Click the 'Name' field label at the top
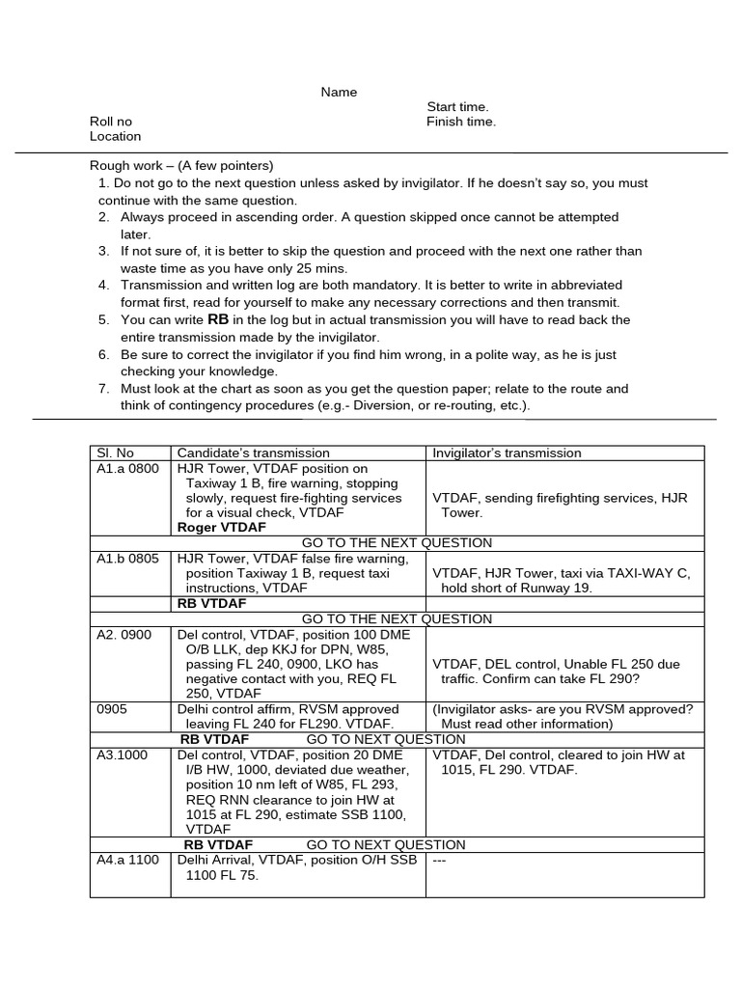pyautogui.click(x=339, y=93)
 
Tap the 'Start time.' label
pyautogui.click(x=457, y=107)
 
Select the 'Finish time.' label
pyautogui.click(x=461, y=122)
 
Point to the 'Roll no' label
pyautogui.click(x=111, y=122)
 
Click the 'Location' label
pyautogui.click(x=115, y=137)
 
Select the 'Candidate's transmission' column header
pyautogui.click(x=253, y=453)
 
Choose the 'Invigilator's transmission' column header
pyautogui.click(x=507, y=453)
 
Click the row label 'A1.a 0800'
pyautogui.click(x=128, y=468)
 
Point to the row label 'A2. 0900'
pyautogui.click(x=125, y=635)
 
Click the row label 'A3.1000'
pyautogui.click(x=123, y=755)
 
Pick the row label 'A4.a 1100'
pyautogui.click(x=127, y=861)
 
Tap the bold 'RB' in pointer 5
pyautogui.click(x=218, y=319)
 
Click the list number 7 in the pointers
pyautogui.click(x=103, y=389)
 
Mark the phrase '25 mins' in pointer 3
pyautogui.click(x=325, y=268)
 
